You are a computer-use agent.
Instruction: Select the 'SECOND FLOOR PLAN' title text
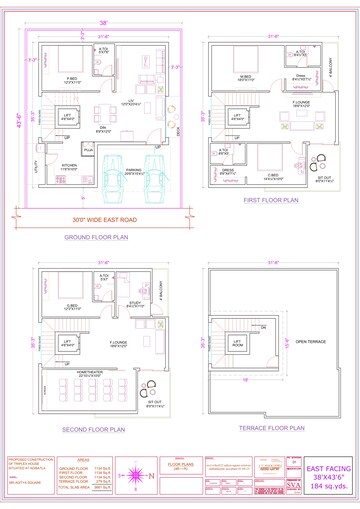[x=97, y=429]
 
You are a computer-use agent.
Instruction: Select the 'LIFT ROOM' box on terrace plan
[x=240, y=347]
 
